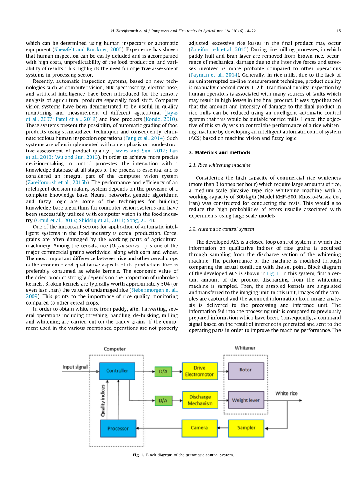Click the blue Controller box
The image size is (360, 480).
(117, 371)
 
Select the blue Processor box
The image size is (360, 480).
(118, 428)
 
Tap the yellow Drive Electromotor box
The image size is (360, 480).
(199, 371)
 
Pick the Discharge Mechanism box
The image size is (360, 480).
(199, 400)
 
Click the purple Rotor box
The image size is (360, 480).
(246, 370)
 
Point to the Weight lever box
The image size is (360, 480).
(246, 400)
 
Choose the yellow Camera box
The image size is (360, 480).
(199, 428)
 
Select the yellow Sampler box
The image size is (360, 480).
(246, 428)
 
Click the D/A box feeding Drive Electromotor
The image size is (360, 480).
(163, 371)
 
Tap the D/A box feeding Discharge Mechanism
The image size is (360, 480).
(163, 400)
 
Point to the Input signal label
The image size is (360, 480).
(75, 367)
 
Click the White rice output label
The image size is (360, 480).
(286, 394)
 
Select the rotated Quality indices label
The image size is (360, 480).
(103, 401)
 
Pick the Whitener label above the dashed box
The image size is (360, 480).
(245, 348)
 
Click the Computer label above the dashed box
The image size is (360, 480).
(114, 349)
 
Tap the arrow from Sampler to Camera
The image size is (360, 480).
(223, 428)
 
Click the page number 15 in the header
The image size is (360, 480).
(338, 31)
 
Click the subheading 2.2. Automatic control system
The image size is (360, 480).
(221, 229)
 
